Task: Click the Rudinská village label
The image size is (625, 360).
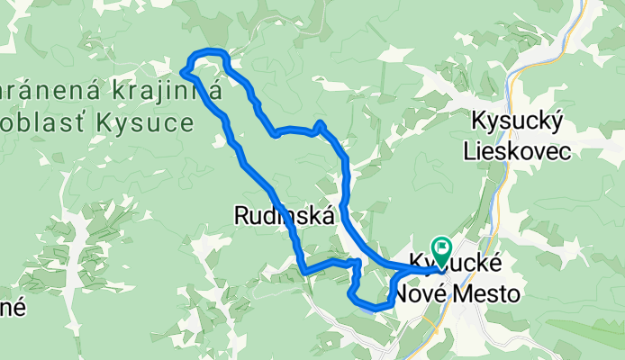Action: point(285,216)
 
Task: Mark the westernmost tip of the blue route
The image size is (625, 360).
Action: point(184,70)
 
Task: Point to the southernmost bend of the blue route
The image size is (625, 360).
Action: point(378,308)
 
